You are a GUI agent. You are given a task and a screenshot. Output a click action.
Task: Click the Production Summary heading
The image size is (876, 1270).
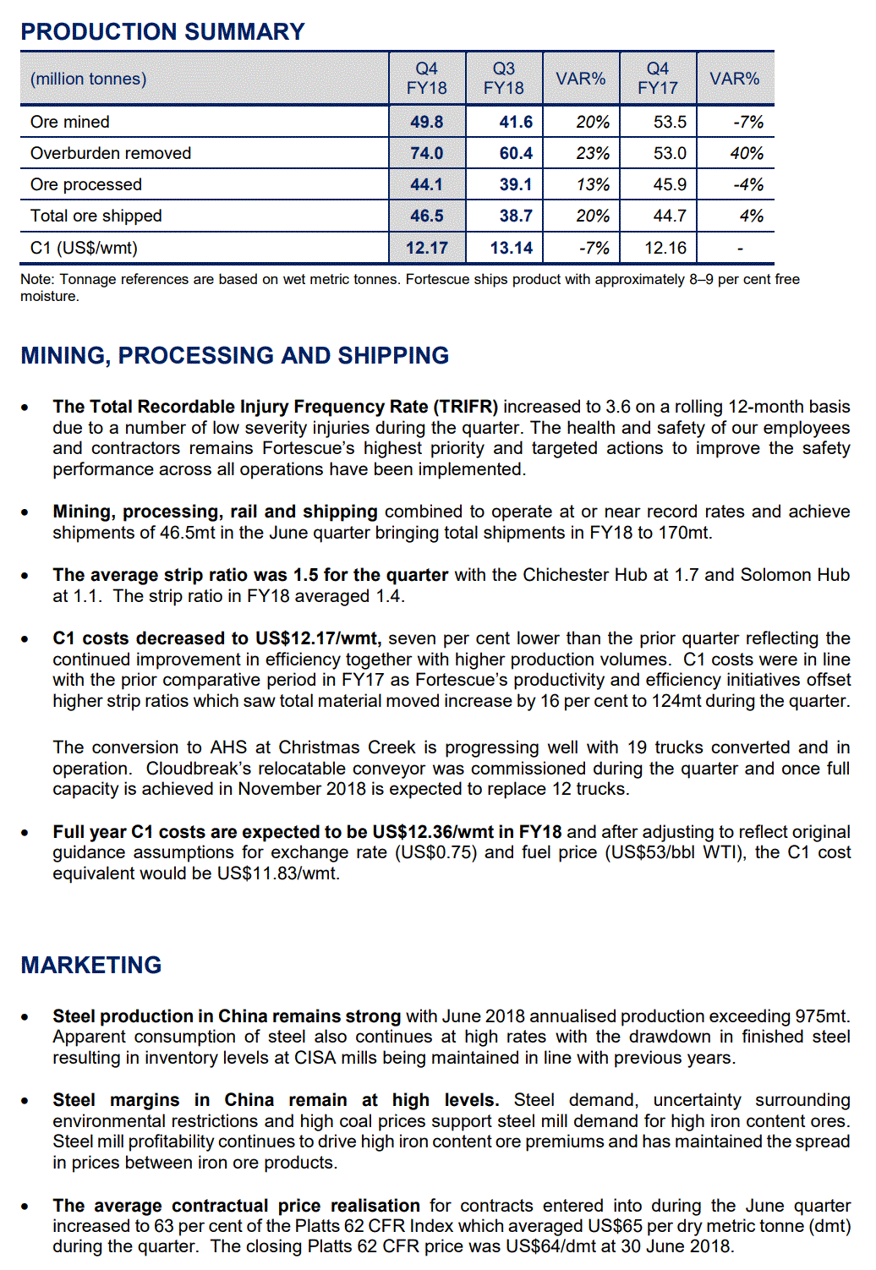pos(162,31)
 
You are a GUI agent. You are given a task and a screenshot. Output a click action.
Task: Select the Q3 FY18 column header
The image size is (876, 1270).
pos(503,78)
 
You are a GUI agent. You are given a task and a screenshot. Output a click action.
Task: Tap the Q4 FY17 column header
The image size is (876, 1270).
pos(657,78)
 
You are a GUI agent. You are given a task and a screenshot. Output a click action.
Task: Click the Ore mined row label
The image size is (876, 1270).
pos(70,122)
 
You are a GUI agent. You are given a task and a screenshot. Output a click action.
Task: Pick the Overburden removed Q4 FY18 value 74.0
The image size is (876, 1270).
pos(426,153)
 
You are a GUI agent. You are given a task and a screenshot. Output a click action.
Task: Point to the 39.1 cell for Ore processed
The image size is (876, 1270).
pos(515,184)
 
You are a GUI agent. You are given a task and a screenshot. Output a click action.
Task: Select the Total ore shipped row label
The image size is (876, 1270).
pos(96,216)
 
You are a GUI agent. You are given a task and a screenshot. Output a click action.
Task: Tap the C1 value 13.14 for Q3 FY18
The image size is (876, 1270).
pos(512,248)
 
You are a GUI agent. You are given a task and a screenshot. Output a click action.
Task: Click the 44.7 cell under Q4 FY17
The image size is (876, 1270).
pos(670,216)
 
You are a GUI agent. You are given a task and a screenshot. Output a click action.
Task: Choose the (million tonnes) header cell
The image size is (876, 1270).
pos(89,79)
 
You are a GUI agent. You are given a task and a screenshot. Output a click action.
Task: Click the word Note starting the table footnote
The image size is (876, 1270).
pos(36,279)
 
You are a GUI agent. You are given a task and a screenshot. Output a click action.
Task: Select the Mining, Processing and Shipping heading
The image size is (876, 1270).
pos(235,355)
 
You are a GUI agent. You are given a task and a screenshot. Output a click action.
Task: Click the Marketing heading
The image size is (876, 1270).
pos(91,965)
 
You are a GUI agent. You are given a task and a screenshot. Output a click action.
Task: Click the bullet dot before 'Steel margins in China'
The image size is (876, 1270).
pos(25,1101)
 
